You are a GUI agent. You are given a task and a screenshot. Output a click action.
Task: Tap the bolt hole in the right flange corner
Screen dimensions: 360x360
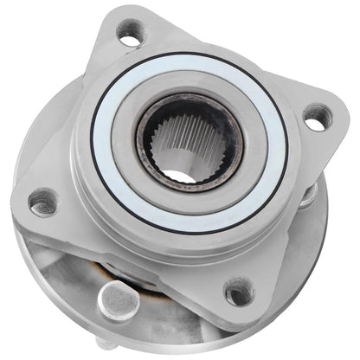[x=317, y=117]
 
